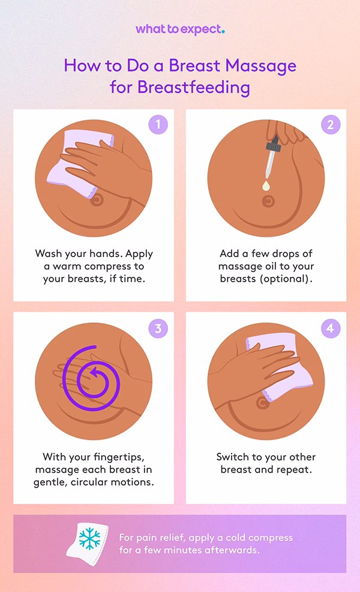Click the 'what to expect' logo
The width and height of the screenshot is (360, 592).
pyautogui.click(x=179, y=29)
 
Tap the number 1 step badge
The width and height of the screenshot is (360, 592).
pyautogui.click(x=158, y=125)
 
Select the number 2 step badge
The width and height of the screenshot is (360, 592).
pyautogui.click(x=330, y=125)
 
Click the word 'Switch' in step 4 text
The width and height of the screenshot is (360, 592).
pyautogui.click(x=233, y=456)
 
